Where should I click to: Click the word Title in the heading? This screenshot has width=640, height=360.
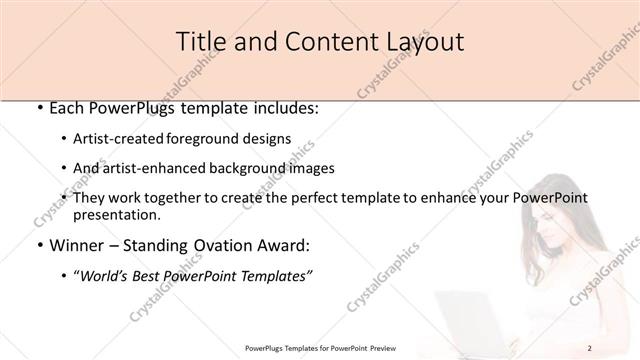click(200, 42)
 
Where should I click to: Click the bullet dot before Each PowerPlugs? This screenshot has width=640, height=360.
click(38, 108)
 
